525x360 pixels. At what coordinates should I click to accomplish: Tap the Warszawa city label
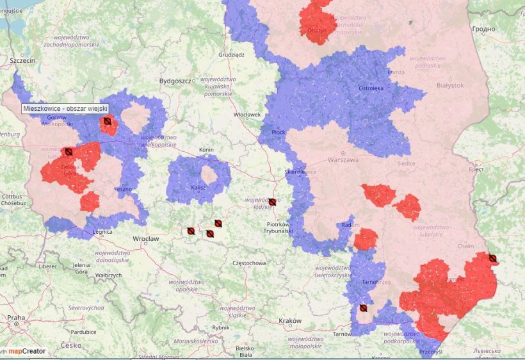(x=344, y=160)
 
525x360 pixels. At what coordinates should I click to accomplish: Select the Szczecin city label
(x=22, y=60)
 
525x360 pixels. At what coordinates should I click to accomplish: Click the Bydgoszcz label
(x=175, y=81)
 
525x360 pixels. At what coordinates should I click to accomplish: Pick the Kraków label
(x=289, y=320)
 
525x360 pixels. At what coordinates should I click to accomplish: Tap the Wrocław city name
(x=145, y=238)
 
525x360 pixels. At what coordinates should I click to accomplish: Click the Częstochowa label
(x=249, y=263)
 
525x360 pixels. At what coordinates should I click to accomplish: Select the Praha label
(x=17, y=318)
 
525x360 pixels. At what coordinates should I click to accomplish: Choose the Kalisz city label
(x=198, y=188)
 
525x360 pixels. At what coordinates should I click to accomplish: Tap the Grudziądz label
(x=231, y=55)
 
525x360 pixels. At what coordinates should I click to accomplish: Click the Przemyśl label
(x=430, y=352)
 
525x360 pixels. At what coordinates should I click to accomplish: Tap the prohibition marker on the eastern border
(x=492, y=258)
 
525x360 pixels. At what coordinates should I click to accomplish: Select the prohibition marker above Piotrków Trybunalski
(x=272, y=202)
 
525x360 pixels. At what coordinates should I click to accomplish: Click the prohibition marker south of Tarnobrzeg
(x=363, y=308)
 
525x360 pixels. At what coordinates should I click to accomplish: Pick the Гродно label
(x=483, y=29)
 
